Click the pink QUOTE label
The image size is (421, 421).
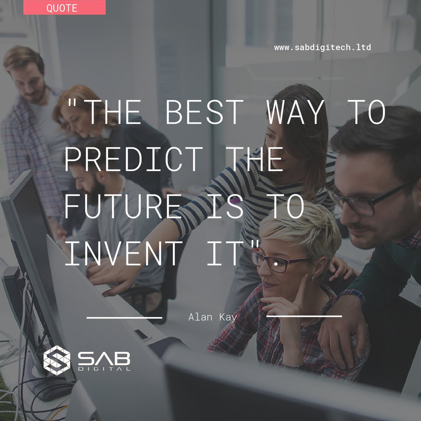pos(64,8)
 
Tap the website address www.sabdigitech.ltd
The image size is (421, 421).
pos(322,47)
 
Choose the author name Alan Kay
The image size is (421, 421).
pos(213,317)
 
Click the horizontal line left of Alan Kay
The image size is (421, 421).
pos(124,318)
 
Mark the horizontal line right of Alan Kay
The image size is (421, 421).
pos(304,316)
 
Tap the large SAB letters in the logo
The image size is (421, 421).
pos(104,358)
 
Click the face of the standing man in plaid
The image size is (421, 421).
pos(30,82)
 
